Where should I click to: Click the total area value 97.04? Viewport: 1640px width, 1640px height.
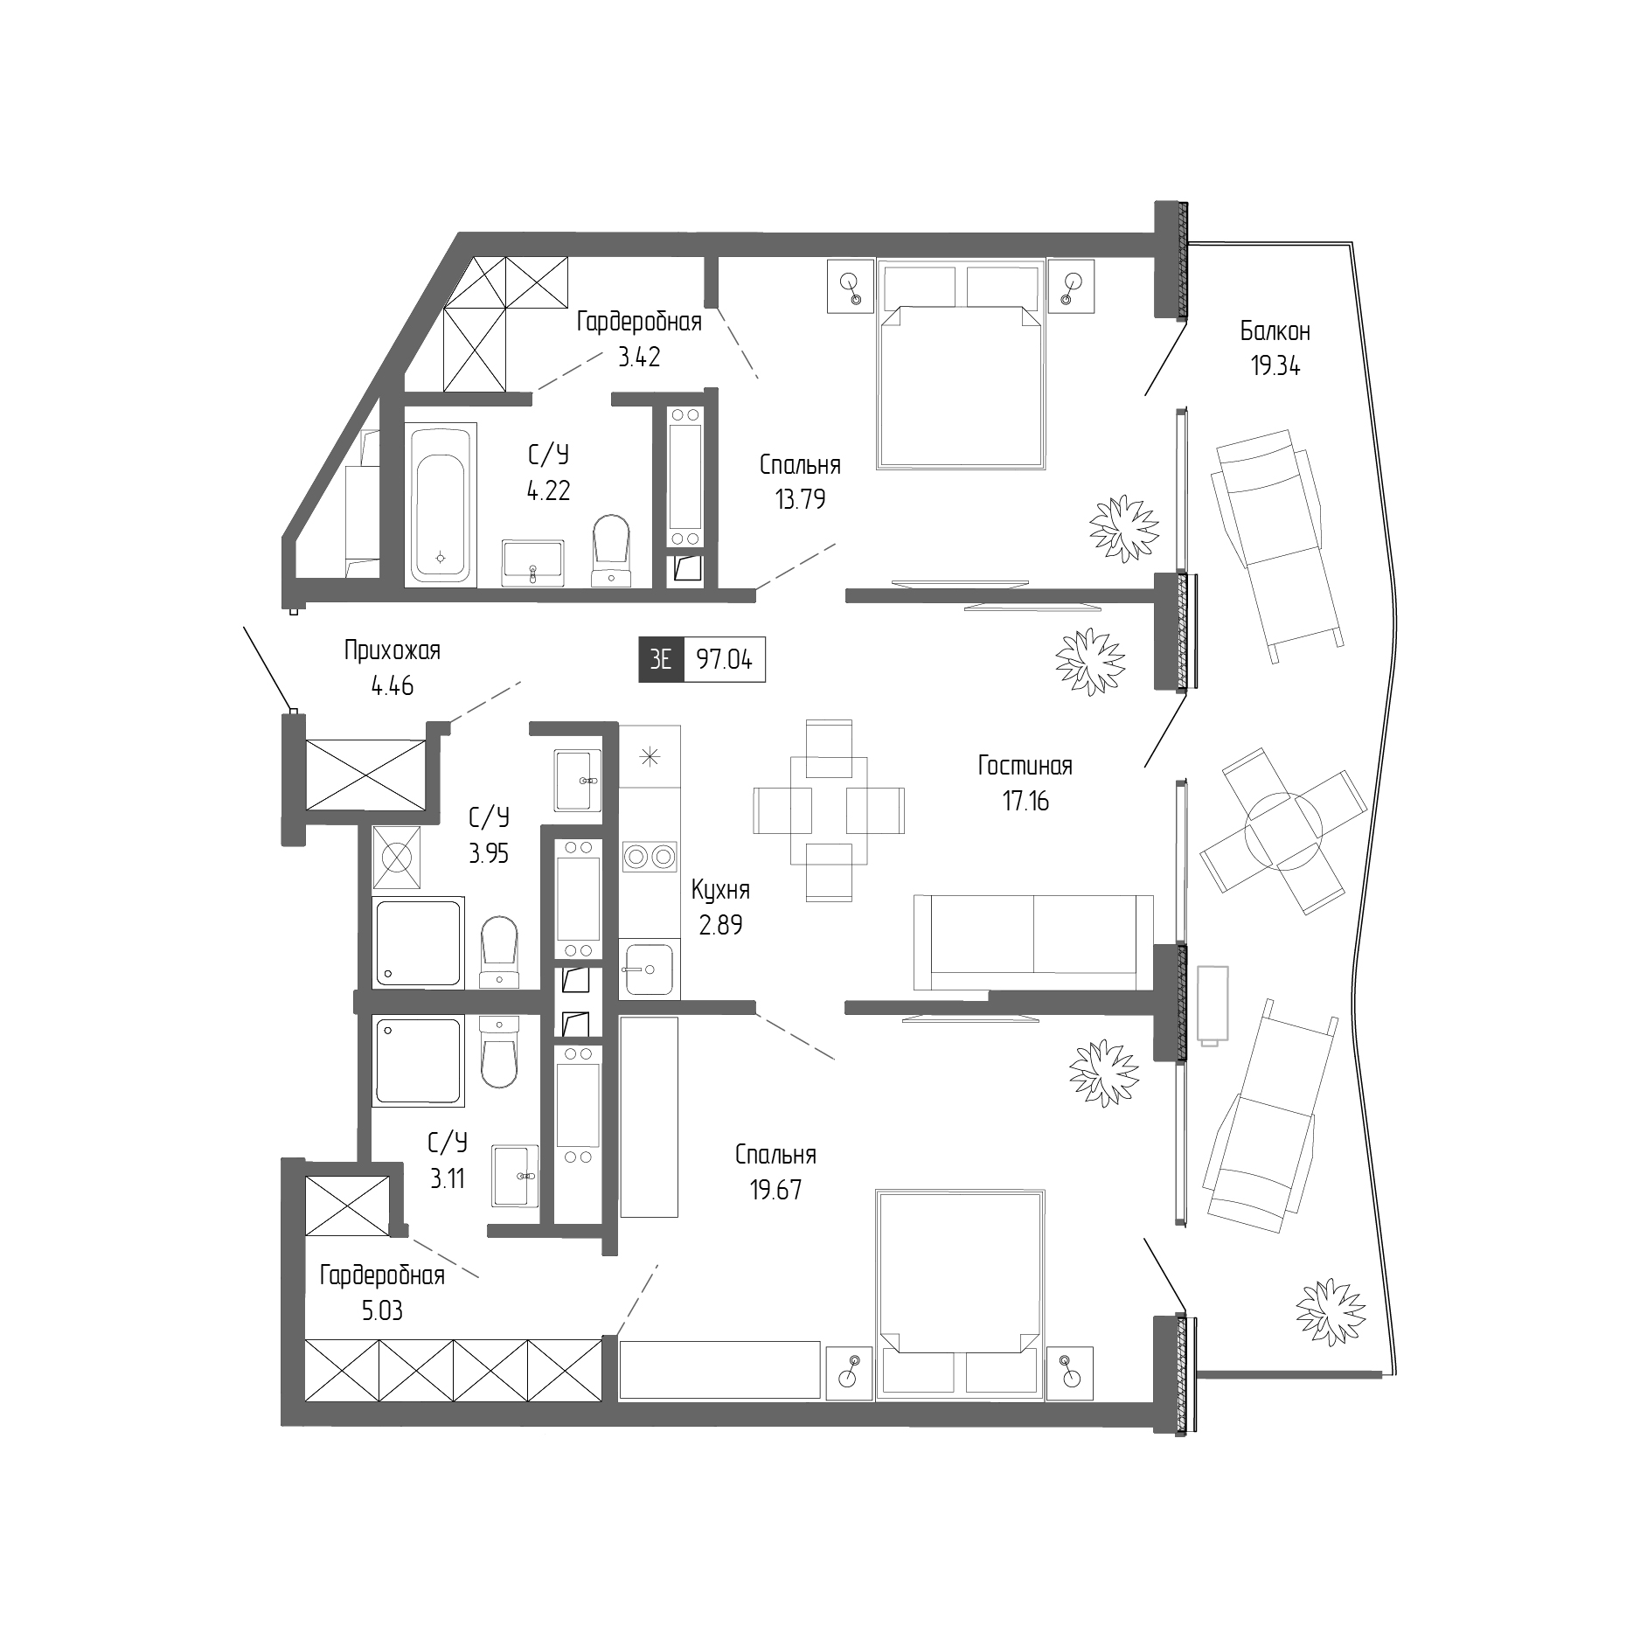click(724, 660)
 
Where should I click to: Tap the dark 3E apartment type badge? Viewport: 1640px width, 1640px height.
click(661, 660)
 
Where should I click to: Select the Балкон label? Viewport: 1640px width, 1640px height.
click(1275, 331)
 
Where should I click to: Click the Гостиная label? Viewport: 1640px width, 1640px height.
click(1025, 766)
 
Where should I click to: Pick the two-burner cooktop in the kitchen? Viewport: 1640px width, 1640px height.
click(650, 858)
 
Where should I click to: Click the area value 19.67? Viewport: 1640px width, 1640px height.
click(775, 1190)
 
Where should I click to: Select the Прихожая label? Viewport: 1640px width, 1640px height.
click(392, 650)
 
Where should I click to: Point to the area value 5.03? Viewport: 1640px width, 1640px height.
click(382, 1311)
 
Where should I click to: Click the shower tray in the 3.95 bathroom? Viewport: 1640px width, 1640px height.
click(418, 942)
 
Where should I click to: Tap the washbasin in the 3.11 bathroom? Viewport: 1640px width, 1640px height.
click(515, 1176)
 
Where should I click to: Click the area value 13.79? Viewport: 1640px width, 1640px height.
click(800, 499)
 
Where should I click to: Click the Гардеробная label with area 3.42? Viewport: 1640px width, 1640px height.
click(639, 322)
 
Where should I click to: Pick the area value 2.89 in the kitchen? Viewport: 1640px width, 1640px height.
click(720, 926)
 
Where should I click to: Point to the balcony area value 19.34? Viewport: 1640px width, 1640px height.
click(1275, 366)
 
